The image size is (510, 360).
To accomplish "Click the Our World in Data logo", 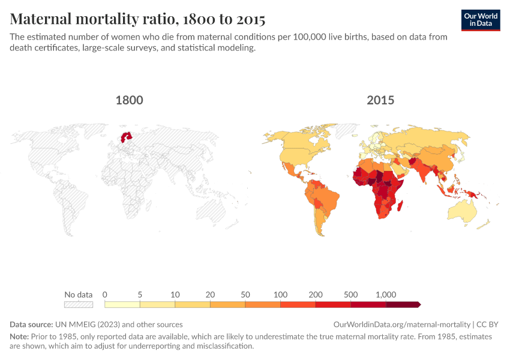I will click(481, 20).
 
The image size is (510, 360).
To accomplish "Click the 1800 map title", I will click(129, 100).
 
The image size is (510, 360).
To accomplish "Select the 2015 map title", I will click(380, 100).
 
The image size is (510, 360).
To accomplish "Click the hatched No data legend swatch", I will click(79, 305).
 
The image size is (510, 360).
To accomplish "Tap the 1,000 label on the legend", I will click(386, 295).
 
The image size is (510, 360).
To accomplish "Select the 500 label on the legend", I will click(351, 295).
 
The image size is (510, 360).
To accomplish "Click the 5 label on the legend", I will click(140, 295).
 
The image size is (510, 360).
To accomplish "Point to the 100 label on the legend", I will click(280, 295).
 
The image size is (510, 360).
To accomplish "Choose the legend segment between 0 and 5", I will click(122, 305).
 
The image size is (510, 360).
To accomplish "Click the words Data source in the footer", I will click(31, 324).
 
